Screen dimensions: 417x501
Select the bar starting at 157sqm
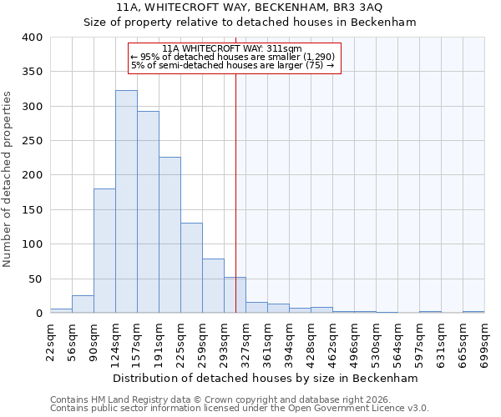(x=148, y=213)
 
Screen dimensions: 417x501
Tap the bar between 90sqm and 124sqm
(x=104, y=251)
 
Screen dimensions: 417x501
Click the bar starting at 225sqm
(x=191, y=268)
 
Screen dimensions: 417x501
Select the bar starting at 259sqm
(x=213, y=286)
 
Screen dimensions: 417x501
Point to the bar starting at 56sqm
(x=83, y=304)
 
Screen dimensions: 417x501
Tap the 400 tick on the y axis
(x=32, y=38)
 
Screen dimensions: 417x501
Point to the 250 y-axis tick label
(x=32, y=141)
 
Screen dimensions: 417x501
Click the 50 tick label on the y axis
(x=35, y=279)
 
